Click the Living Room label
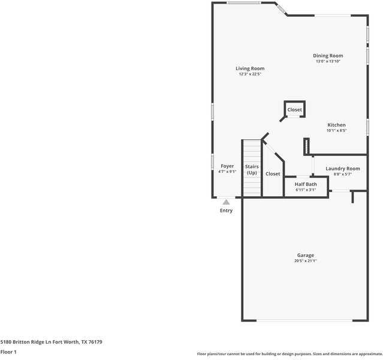250,68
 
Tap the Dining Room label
328,56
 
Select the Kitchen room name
336,125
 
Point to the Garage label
305,256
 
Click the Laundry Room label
343,169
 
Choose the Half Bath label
306,184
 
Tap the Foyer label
227,166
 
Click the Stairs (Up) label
252,169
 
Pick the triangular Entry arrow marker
226,202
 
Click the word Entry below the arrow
226,211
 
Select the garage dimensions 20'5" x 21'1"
305,261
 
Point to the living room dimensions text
250,74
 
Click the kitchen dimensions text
336,131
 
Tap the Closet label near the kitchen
294,110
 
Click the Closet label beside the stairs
273,174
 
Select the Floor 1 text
8,352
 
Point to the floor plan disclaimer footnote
289,354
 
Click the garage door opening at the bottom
304,320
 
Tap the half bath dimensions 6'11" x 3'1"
306,190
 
